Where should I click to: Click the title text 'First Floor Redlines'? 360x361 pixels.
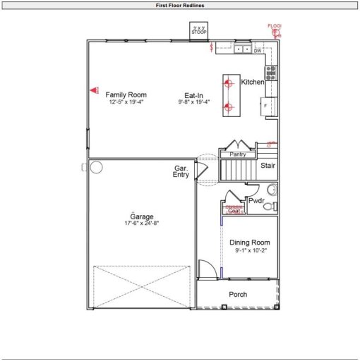coord(179,5)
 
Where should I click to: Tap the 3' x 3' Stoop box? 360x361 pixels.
coord(198,30)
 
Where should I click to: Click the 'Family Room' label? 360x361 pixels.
coord(126,94)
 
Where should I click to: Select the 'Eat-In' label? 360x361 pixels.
coord(195,94)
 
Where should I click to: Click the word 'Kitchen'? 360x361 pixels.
coord(253,82)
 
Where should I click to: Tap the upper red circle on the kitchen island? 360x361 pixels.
coord(228,83)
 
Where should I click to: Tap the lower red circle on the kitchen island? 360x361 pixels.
coord(228,107)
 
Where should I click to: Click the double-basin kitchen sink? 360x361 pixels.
coord(243,50)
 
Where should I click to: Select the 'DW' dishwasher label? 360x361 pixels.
coord(258,51)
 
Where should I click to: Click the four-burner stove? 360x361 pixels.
coord(271,72)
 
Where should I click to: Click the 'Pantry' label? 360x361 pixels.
coord(237,154)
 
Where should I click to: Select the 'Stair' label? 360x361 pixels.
coord(268,166)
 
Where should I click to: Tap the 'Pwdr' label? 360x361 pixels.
coord(255,200)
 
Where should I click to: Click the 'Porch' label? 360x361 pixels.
coord(238,294)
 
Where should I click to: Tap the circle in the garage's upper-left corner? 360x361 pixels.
coord(96,167)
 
